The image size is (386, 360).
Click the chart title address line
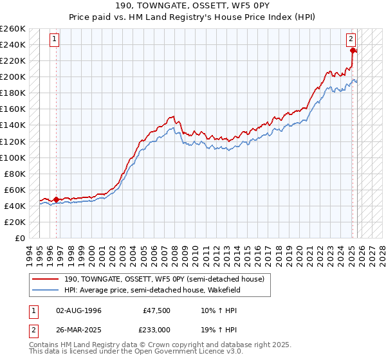pyautogui.click(x=193, y=6)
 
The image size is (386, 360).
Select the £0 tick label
pyautogui.click(x=19, y=238)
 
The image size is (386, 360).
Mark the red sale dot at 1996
pyautogui.click(x=56, y=200)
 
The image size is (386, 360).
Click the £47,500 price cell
pyautogui.click(x=156, y=310)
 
